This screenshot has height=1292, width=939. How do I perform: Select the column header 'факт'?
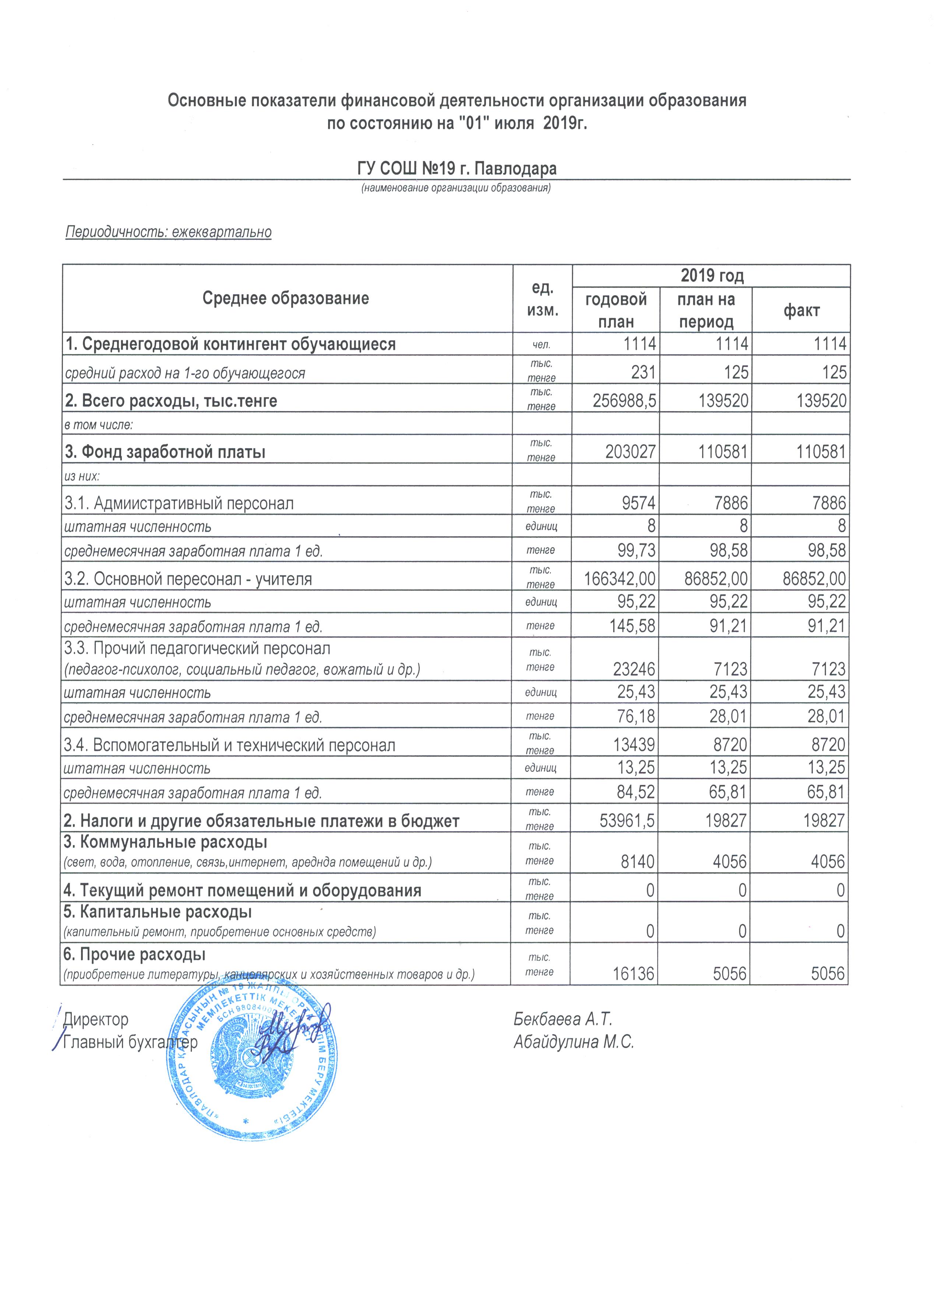[x=801, y=310]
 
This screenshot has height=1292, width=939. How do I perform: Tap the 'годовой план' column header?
[x=616, y=310]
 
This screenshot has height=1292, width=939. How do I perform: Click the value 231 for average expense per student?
[x=644, y=373]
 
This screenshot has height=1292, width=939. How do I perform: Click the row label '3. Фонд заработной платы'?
[x=165, y=452]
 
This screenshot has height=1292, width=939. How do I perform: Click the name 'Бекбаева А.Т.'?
[x=563, y=1019]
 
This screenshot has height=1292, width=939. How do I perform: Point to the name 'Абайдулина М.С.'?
[x=573, y=1042]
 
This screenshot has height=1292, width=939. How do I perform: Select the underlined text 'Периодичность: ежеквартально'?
[x=169, y=232]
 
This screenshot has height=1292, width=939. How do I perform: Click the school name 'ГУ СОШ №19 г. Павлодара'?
[x=457, y=169]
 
